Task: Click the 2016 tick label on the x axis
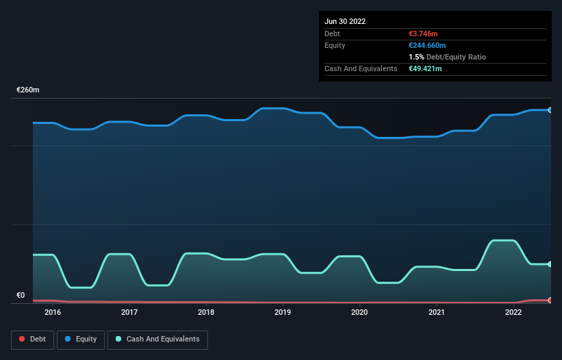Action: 53,312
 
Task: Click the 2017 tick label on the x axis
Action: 129,312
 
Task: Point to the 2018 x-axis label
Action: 206,312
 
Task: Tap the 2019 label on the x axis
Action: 283,312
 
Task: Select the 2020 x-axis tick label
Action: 359,312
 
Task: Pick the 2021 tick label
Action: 436,312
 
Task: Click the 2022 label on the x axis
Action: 513,312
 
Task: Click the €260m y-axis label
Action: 28,90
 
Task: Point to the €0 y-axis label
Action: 21,295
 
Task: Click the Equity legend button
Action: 81,339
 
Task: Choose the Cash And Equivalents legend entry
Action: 157,339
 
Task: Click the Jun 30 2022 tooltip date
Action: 345,21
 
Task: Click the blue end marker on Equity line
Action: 550,110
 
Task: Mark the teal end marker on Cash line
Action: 550,264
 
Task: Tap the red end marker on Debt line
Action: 550,300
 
